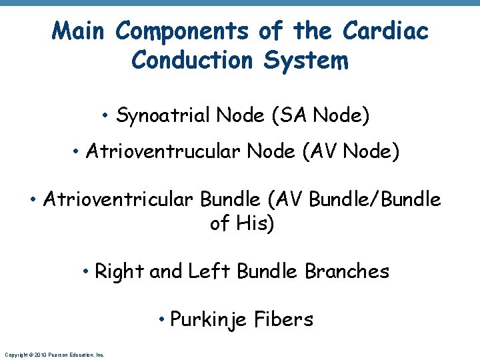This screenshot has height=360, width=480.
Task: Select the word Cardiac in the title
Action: pyautogui.click(x=385, y=31)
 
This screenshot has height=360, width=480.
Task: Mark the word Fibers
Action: pyautogui.click(x=283, y=319)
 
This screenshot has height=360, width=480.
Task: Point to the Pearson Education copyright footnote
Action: pyautogui.click(x=54, y=355)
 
